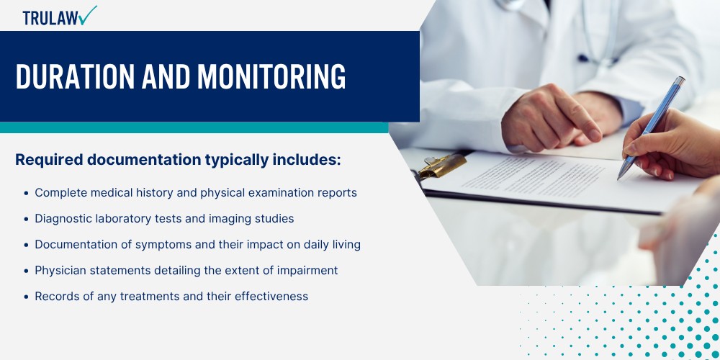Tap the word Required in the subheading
click(49, 160)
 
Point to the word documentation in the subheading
click(144, 161)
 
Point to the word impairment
click(307, 271)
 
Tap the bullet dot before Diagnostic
click(26, 220)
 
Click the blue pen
click(651, 129)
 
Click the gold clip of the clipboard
click(441, 166)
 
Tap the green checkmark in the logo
click(87, 15)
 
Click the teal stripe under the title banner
click(194, 127)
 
